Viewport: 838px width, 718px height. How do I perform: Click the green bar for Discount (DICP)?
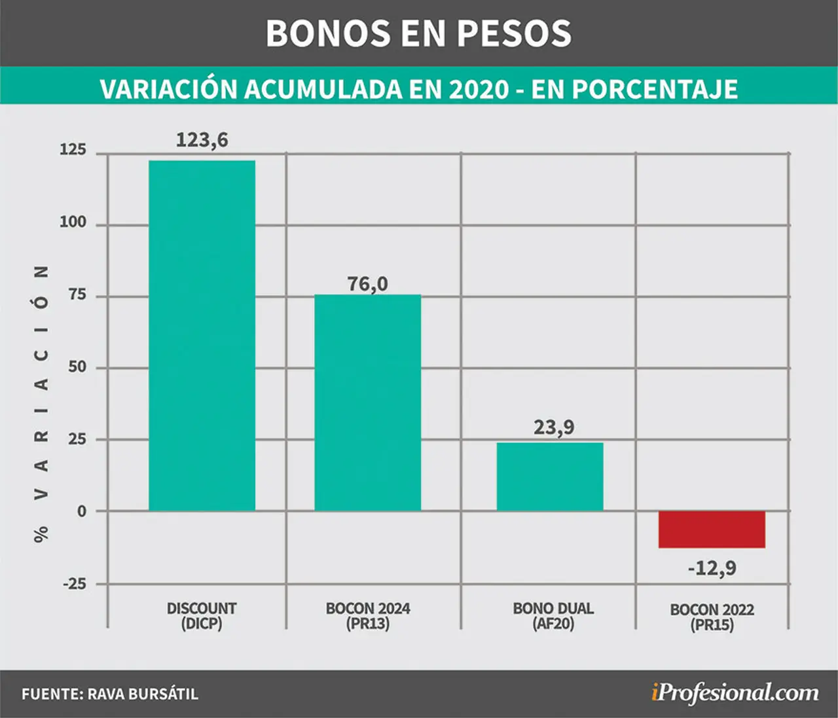click(202, 335)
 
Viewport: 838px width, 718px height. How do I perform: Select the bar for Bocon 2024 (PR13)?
click(368, 403)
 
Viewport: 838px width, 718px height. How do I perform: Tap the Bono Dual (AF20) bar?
click(550, 476)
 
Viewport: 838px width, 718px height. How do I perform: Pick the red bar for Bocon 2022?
click(712, 530)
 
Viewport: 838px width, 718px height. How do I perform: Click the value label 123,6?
click(202, 140)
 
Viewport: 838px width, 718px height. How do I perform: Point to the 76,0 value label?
click(368, 284)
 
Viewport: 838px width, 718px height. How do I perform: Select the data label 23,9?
click(554, 427)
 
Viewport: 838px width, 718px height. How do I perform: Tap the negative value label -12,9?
click(712, 568)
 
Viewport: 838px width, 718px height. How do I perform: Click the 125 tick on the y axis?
click(73, 150)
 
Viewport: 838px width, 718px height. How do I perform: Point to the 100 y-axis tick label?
click(73, 222)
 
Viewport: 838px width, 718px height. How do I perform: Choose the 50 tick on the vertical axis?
click(77, 367)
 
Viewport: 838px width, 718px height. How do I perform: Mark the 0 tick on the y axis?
click(82, 511)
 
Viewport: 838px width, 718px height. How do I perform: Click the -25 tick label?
click(75, 584)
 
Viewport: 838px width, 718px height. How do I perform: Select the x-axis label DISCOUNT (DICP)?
click(202, 617)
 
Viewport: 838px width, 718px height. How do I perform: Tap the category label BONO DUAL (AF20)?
click(553, 617)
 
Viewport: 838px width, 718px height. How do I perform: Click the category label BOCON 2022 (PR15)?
click(712, 617)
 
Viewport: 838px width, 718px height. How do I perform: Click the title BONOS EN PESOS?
click(419, 33)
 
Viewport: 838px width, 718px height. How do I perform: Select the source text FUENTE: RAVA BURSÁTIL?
click(110, 694)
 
